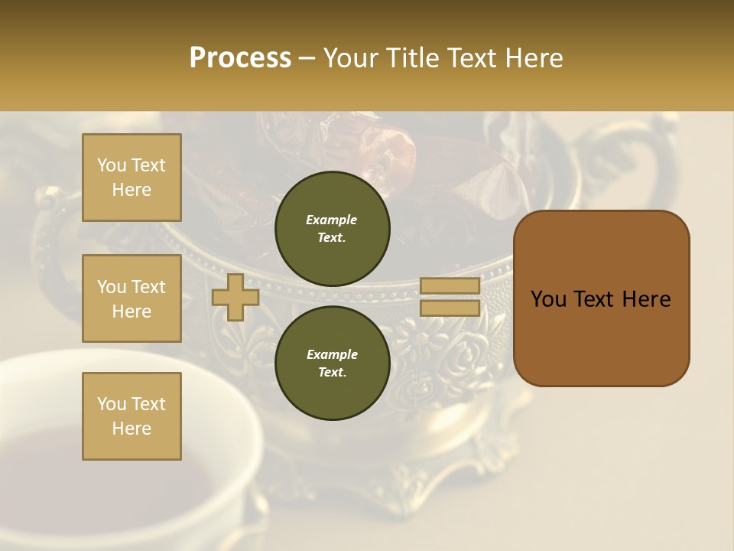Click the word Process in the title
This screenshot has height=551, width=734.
(240, 57)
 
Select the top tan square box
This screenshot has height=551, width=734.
(132, 178)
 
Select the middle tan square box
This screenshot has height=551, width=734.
(132, 298)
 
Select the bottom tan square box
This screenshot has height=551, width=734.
(132, 416)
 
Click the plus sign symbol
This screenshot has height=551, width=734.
(235, 297)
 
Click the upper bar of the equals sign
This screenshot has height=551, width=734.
(450, 285)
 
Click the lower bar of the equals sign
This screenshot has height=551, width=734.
(450, 308)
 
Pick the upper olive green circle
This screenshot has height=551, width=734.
(332, 229)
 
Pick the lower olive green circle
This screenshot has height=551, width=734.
(332, 364)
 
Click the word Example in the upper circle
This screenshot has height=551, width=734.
(332, 220)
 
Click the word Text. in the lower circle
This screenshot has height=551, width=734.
(332, 373)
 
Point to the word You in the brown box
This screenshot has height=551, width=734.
(548, 299)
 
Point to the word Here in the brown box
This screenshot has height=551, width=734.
(646, 299)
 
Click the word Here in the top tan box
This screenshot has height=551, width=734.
(132, 190)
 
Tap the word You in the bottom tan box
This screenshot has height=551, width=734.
(112, 404)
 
